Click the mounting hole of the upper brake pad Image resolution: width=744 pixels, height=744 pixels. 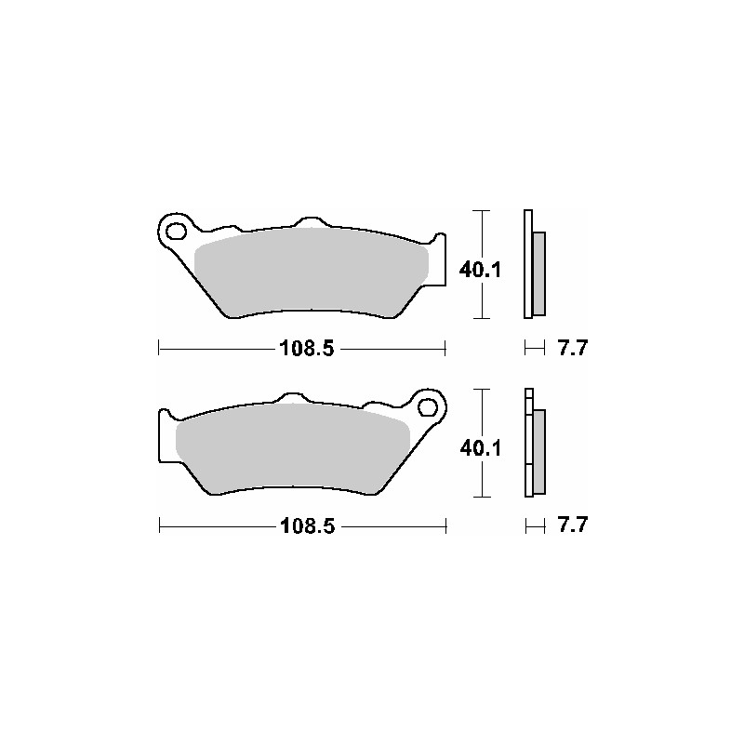[176, 232]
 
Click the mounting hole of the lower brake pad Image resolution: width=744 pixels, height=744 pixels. [428, 407]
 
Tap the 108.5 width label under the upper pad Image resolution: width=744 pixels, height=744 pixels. [307, 349]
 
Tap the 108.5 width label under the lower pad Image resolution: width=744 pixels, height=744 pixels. [308, 526]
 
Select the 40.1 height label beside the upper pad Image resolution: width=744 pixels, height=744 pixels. [480, 270]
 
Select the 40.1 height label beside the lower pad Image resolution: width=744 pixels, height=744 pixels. [480, 448]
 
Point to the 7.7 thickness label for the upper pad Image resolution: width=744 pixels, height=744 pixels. [573, 348]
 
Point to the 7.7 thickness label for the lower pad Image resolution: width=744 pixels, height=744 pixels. [573, 525]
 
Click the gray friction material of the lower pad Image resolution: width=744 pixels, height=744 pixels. [292, 448]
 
